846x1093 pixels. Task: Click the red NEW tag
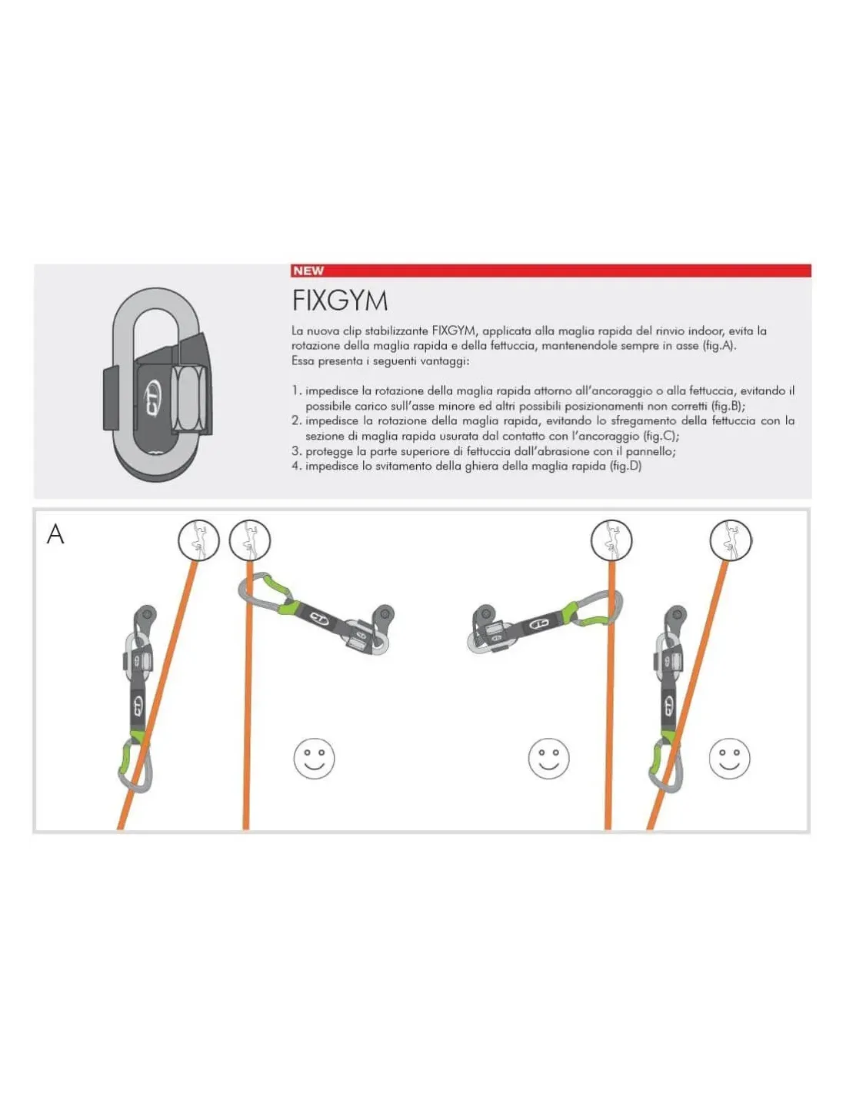tap(308, 271)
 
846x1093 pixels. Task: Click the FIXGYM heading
tap(340, 301)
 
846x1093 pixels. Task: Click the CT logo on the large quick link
tap(152, 396)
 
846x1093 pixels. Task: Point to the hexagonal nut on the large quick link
tap(188, 398)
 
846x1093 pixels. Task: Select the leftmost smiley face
tap(314, 759)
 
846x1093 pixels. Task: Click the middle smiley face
tap(548, 759)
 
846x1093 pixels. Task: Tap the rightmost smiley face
tap(729, 759)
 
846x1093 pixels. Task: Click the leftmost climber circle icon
tap(198, 540)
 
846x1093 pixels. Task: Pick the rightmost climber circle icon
tap(731, 540)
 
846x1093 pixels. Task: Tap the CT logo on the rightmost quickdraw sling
tap(669, 705)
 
